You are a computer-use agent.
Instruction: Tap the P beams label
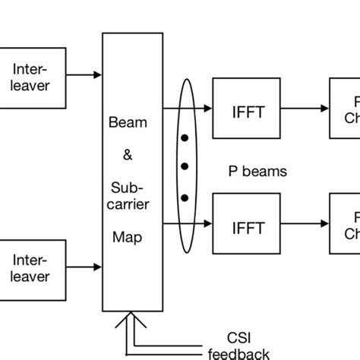[258, 172]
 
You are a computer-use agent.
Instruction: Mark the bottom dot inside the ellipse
[184, 197]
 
